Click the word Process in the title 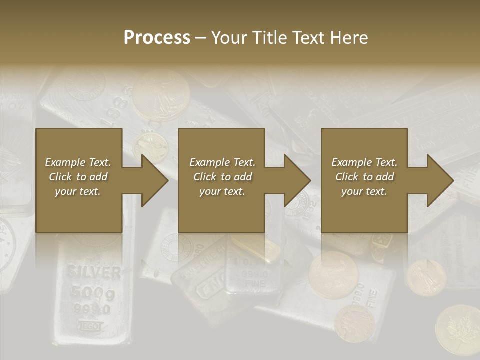[157, 37]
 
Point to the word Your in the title [229, 37]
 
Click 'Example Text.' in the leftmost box [78, 162]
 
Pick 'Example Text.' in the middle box [222, 162]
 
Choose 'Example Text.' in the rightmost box [364, 162]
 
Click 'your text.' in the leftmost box [78, 191]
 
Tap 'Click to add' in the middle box [222, 177]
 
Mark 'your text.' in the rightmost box [364, 191]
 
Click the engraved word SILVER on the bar [94, 273]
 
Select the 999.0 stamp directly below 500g [93, 309]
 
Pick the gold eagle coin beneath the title [161, 95]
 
